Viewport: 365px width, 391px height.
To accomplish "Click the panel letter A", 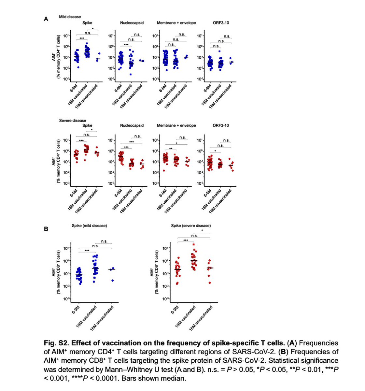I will pos(46,19).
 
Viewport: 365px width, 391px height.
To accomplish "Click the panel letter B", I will pos(46,229).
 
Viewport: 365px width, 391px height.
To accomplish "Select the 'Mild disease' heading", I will pos(70,17).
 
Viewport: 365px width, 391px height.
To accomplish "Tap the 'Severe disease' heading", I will pos(73,120).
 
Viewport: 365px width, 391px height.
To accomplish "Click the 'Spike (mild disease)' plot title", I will pos(89,225).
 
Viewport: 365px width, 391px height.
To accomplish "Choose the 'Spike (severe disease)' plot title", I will pos(191,225).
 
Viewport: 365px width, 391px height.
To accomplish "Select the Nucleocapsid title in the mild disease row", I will pos(132,23).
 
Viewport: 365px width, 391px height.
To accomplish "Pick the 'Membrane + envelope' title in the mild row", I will pos(176,23).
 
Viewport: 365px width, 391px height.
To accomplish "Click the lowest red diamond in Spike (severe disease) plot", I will pos(210,283).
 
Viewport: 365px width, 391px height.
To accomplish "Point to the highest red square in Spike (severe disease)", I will pos(194,244).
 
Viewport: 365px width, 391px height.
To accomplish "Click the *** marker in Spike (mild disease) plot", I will pos(87,251).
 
